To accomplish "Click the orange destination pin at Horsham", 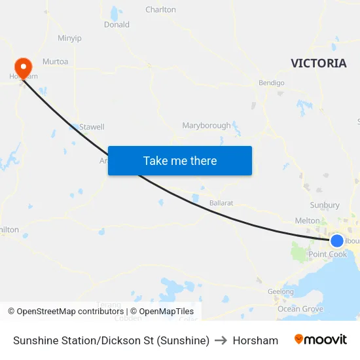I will click(23, 67).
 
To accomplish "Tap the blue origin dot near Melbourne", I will click(337, 241).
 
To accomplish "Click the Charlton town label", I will click(160, 10).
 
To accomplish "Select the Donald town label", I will click(117, 25).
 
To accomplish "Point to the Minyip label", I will click(69, 38).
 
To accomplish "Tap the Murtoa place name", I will click(55, 61).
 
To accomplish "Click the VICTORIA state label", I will click(318, 63).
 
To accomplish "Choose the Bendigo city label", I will click(272, 83).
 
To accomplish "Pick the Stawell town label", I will click(92, 127).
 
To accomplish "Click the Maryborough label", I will click(206, 126).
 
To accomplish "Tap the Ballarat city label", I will click(221, 203).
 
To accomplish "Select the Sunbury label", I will click(325, 206).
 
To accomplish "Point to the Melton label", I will click(308, 221).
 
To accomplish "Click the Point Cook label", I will click(328, 255).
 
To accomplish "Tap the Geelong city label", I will click(281, 292).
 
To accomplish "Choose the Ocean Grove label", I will click(300, 309).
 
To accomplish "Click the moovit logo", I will click(321, 340).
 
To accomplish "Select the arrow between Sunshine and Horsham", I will click(221, 340).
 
